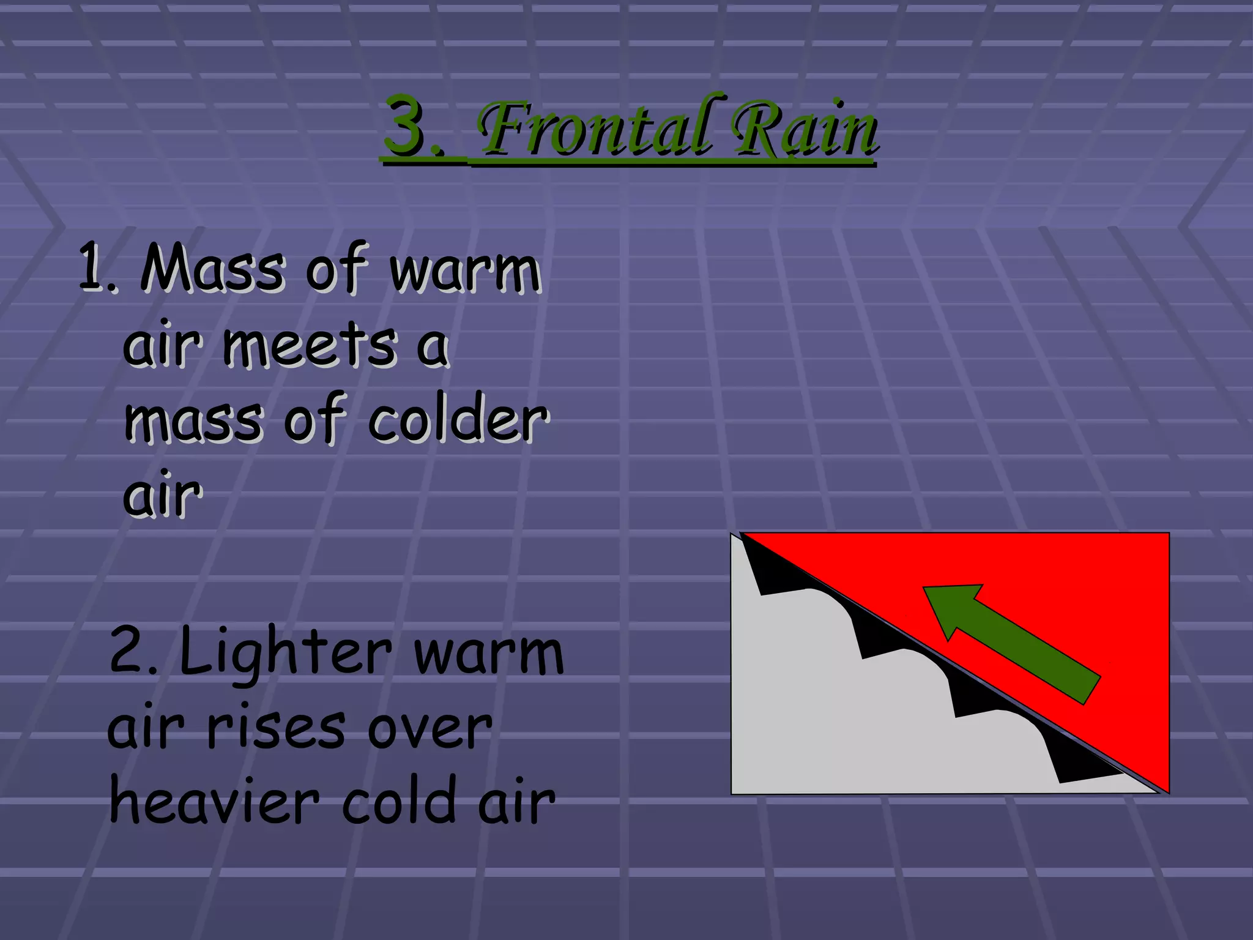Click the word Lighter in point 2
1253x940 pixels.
285,652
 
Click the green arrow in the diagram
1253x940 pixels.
1016,643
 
